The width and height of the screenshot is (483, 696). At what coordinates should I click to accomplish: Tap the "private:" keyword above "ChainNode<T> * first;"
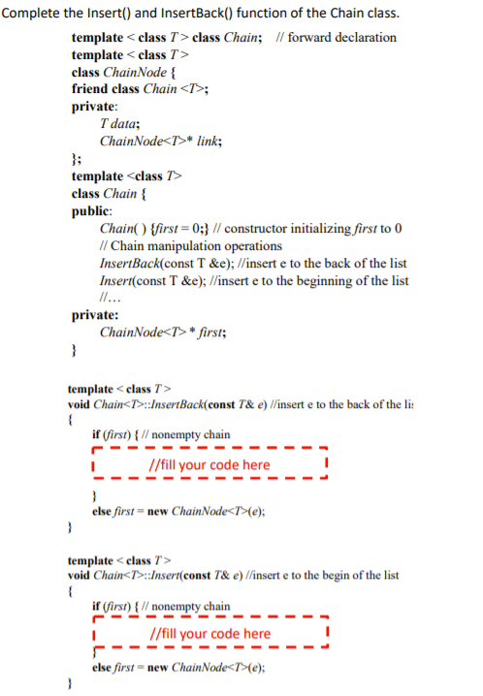(x=95, y=315)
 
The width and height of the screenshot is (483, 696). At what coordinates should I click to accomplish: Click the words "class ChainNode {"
(x=123, y=72)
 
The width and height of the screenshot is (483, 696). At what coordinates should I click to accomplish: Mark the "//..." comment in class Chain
(x=111, y=298)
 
